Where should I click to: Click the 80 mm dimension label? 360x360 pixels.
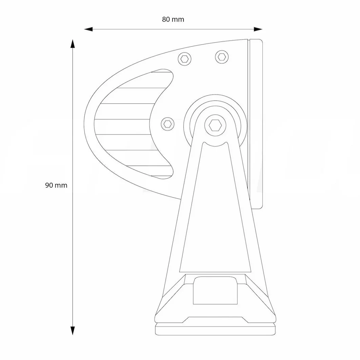click(173, 19)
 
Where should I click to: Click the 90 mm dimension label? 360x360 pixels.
click(56, 185)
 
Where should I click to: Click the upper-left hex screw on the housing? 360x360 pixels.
click(185, 59)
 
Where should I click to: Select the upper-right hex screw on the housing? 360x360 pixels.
click(221, 56)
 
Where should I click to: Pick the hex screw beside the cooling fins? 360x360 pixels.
click(166, 123)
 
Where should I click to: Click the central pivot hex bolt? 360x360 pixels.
click(215, 125)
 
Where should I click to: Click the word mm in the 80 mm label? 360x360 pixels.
click(178, 19)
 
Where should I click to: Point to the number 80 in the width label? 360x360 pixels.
click(166, 19)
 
